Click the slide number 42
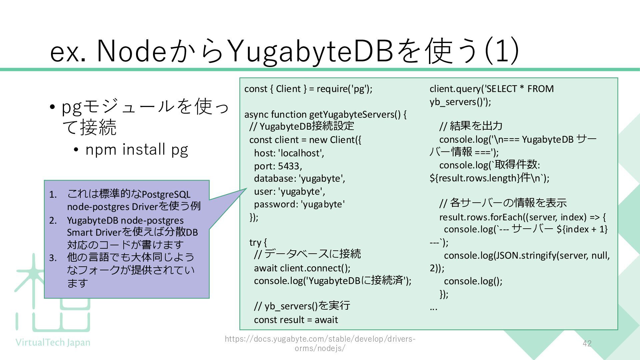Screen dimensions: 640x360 click(587, 343)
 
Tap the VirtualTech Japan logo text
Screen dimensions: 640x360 click(53, 343)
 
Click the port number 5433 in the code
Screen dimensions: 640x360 click(290, 166)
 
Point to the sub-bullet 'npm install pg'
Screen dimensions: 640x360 click(137, 149)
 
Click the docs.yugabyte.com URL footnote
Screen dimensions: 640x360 click(320, 343)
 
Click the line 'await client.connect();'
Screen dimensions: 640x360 click(302, 268)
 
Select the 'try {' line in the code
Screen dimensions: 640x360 click(258, 242)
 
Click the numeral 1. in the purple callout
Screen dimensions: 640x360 click(53, 195)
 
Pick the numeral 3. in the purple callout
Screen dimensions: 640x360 click(53, 258)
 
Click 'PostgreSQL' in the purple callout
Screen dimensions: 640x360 click(166, 194)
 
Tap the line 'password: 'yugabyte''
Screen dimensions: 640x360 click(299, 204)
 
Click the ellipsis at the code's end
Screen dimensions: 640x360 click(433, 308)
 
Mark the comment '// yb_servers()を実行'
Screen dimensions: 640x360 click(302, 306)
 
